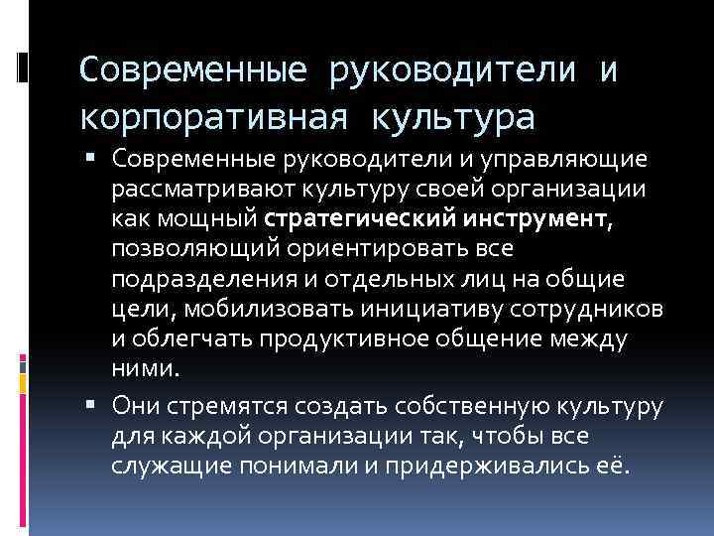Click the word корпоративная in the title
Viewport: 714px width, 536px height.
[x=210, y=117]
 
